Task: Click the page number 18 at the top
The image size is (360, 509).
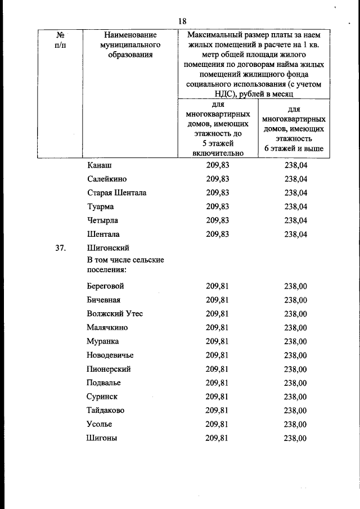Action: click(182, 21)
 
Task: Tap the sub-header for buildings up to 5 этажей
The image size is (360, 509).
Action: click(217, 129)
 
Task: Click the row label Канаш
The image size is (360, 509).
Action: click(100, 165)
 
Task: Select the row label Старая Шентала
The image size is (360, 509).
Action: click(117, 193)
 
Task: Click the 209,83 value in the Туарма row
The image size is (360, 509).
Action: click(217, 206)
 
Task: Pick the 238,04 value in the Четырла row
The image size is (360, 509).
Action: click(295, 220)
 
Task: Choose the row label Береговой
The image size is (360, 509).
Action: click(106, 286)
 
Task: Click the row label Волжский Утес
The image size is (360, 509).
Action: click(115, 314)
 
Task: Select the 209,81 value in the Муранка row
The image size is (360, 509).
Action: click(217, 341)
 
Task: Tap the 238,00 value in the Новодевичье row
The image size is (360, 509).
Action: click(295, 355)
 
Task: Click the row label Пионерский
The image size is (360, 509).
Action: click(109, 369)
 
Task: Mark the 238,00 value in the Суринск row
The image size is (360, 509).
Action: click(295, 397)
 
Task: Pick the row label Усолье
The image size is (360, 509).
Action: click(101, 424)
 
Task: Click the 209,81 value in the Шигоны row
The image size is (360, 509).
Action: click(217, 438)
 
